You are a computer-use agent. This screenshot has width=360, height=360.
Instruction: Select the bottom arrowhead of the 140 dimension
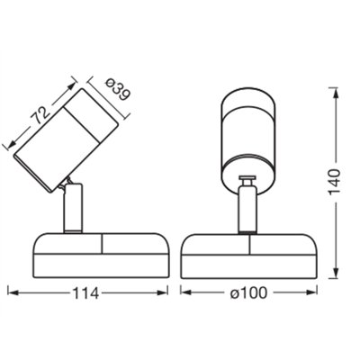pyautogui.click(x=334, y=275)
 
